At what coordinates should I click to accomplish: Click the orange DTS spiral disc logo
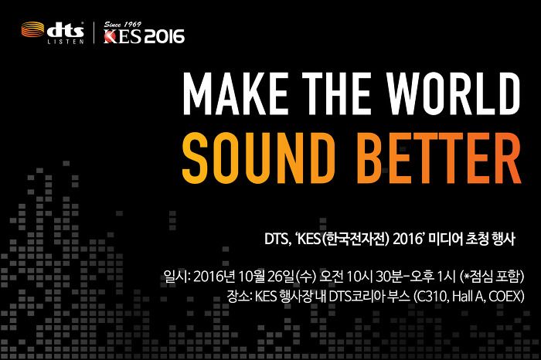pyautogui.click(x=32, y=29)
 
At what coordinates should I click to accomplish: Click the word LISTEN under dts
pyautogui.click(x=66, y=42)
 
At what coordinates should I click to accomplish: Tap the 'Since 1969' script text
pyautogui.click(x=123, y=25)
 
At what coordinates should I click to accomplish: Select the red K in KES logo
pyautogui.click(x=111, y=36)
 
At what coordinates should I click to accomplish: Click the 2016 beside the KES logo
pyautogui.click(x=164, y=36)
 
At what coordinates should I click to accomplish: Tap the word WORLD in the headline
pyautogui.click(x=453, y=93)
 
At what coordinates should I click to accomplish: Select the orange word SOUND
pyautogui.click(x=258, y=158)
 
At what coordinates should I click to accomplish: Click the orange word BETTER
pyautogui.click(x=438, y=158)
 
